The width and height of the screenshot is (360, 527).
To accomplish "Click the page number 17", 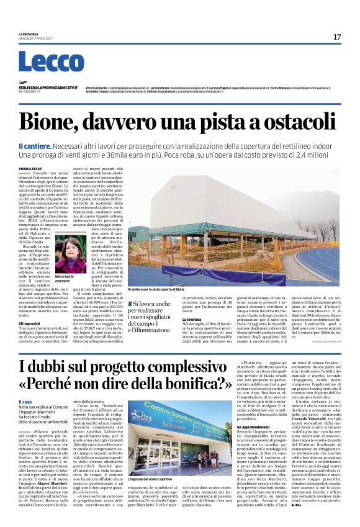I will (x=337, y=37).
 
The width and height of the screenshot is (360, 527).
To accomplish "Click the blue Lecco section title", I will (x=42, y=62).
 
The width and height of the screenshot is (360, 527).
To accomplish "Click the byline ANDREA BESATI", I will (x=30, y=168).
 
